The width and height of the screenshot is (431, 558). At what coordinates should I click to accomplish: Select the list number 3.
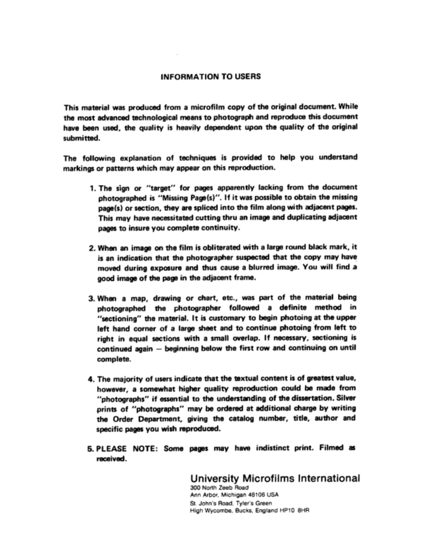[x=92, y=300]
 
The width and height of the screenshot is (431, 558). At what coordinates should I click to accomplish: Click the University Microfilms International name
[x=275, y=478]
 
